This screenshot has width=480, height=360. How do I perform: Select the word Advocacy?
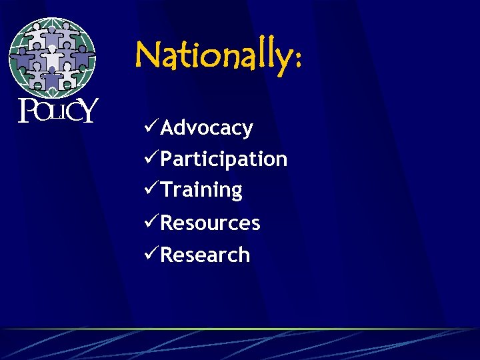click(207, 127)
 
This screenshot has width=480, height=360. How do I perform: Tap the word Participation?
click(224, 159)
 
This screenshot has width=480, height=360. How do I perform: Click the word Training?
click(201, 190)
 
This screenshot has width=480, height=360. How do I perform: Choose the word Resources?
click(210, 223)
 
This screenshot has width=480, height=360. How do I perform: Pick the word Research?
click(205, 255)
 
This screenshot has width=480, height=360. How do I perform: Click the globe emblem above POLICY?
click(52, 57)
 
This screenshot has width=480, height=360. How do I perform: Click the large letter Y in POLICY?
click(88, 110)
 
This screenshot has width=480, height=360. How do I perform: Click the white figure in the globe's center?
click(52, 59)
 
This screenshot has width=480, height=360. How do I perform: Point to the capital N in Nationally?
click(149, 55)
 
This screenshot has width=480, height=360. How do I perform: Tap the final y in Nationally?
click(279, 60)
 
